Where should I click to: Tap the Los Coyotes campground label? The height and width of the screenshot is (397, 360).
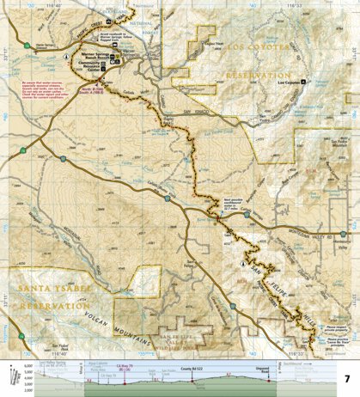tap(295, 82)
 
